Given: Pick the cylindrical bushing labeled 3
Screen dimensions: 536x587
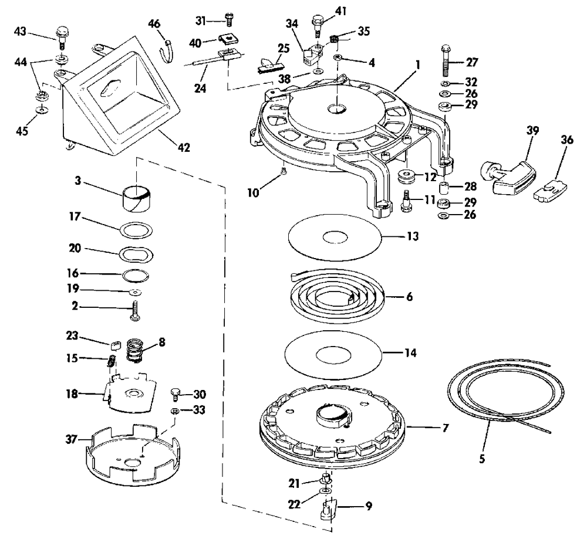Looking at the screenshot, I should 137,199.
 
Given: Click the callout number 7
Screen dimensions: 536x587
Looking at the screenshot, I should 446,428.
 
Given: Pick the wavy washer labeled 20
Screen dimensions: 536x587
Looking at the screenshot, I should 136,254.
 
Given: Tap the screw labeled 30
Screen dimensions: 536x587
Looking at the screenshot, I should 174,392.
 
